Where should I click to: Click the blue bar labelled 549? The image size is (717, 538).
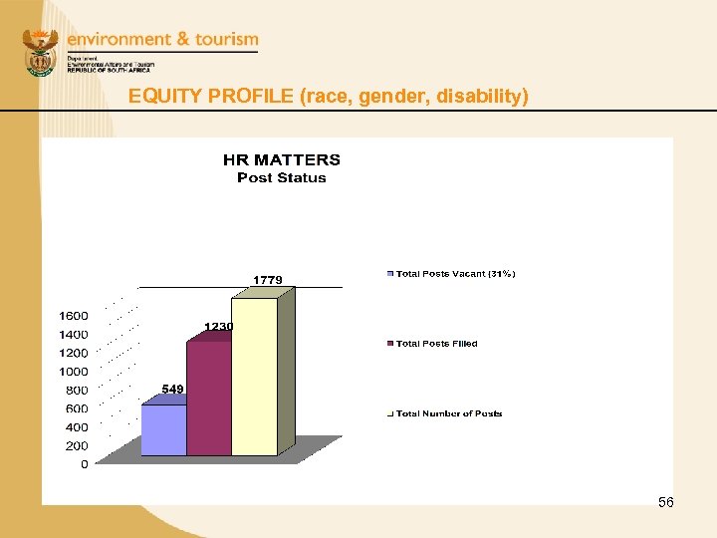pos(163,429)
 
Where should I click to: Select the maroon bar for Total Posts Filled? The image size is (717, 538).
pos(208,399)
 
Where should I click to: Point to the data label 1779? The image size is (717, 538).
pos(267,280)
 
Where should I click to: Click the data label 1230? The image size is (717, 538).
pos(219,327)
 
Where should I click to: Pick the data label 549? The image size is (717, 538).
pos(173,389)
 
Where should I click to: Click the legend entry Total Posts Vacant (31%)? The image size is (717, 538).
pos(455,274)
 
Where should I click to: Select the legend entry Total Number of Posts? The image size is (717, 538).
pos(448,413)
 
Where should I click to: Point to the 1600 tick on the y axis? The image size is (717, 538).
pos(73,316)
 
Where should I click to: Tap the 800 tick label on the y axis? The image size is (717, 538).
pos(77,391)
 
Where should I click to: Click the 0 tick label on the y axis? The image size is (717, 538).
pos(84,464)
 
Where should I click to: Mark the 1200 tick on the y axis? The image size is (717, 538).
pos(73,353)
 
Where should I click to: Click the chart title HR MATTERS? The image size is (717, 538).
pos(282,159)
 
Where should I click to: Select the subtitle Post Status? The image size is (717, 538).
pos(282,178)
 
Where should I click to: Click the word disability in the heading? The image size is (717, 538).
pos(487,97)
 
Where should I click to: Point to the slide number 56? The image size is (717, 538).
pos(666,502)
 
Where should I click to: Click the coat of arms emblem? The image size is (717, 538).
pos(41,54)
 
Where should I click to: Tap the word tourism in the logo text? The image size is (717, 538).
pos(226,39)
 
